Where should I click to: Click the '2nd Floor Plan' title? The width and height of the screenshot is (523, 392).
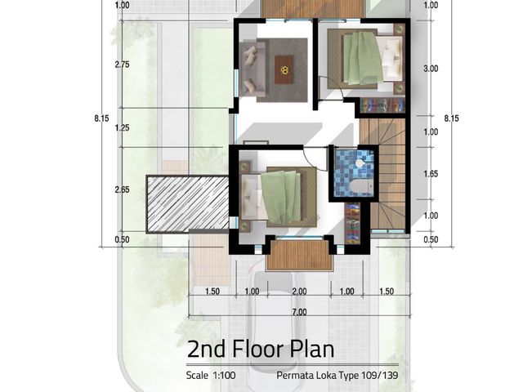[261, 349]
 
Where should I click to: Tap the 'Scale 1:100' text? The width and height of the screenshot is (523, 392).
[211, 376]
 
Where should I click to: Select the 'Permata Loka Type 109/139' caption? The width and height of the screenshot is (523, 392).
[337, 376]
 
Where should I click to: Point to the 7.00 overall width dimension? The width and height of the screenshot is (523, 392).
[300, 312]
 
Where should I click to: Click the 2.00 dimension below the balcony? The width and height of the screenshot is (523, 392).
[300, 292]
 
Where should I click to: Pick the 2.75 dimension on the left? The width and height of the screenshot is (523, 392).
[122, 65]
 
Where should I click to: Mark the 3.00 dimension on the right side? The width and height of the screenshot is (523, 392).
[431, 69]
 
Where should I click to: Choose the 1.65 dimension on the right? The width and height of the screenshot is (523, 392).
[431, 174]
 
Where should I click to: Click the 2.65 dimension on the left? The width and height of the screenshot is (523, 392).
[122, 189]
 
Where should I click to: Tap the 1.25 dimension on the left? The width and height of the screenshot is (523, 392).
[122, 127]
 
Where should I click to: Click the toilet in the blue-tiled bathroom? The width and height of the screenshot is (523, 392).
[362, 187]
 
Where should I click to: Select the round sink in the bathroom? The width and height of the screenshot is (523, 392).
[360, 163]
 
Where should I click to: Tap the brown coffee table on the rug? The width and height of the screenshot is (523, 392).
[284, 69]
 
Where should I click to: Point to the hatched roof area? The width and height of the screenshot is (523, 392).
[188, 204]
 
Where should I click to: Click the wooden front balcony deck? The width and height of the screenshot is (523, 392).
[300, 255]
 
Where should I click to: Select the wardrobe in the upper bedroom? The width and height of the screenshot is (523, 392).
[382, 105]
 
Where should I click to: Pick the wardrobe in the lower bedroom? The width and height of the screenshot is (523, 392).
[352, 223]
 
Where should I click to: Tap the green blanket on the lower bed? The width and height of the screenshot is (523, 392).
[282, 197]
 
